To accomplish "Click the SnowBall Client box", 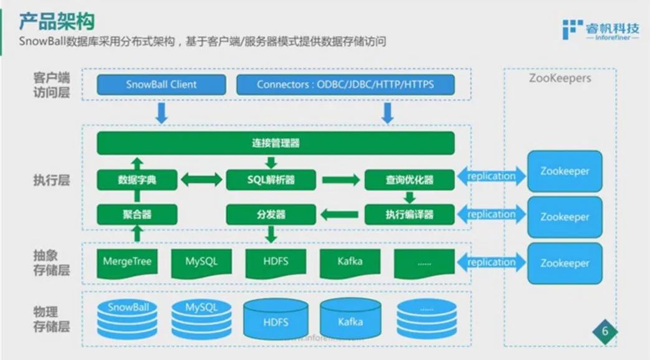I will click(x=161, y=85).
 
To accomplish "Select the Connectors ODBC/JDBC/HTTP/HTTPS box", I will click(x=345, y=85).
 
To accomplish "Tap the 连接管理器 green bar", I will click(x=275, y=143).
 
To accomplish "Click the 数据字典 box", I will click(x=137, y=180).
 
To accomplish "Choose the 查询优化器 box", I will click(x=409, y=180).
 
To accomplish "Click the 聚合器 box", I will click(x=137, y=214).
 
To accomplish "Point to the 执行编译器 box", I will click(x=409, y=214).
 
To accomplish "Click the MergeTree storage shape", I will click(x=127, y=262).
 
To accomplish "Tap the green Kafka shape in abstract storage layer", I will click(x=350, y=262).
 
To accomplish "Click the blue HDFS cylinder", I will click(x=275, y=321).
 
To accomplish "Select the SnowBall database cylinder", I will click(x=127, y=318).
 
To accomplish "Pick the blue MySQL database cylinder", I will click(x=201, y=318).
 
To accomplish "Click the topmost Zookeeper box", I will click(x=565, y=171).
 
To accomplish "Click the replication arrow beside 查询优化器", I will click(x=491, y=176).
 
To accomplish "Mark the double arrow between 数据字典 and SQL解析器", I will click(x=201, y=180).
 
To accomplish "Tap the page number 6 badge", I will click(x=604, y=331).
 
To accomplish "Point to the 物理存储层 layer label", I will click(x=51, y=318).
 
